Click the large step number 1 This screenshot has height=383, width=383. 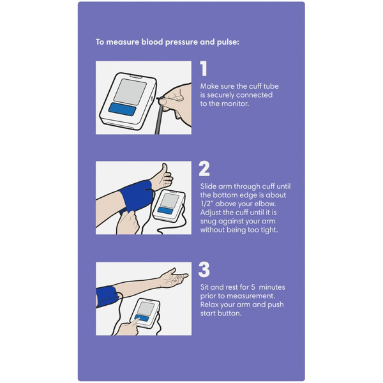point(204,69)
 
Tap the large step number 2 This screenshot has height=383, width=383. point(204,169)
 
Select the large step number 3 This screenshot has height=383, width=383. point(204,269)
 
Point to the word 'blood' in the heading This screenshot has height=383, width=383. point(152,41)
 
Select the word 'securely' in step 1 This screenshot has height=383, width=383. point(221,94)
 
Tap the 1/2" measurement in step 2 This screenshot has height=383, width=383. point(207,204)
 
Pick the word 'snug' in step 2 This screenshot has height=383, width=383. point(208,222)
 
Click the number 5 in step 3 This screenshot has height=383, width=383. point(253,287)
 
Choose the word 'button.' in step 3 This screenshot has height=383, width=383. point(230,313)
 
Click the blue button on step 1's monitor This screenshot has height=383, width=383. point(122,109)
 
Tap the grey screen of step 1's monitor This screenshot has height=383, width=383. point(130,92)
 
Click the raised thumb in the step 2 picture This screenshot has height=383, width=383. point(165,169)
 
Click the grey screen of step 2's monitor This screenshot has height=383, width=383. point(170,200)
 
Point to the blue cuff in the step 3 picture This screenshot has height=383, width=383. point(107,297)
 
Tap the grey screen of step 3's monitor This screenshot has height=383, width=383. point(146,308)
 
